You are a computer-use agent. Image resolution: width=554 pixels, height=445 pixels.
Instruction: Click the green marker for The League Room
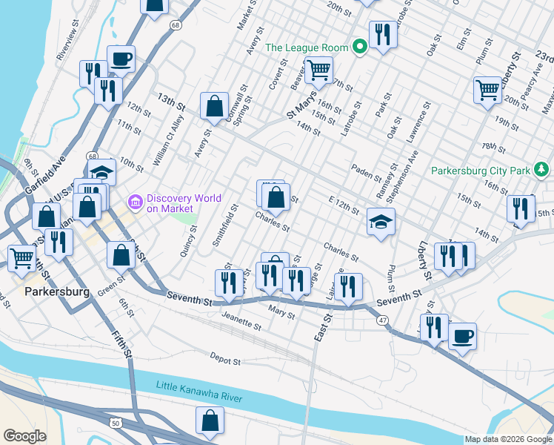(x=360, y=47)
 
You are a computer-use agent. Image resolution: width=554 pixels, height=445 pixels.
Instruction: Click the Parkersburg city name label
(x=56, y=291)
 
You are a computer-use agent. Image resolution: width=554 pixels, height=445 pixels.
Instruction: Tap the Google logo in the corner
(x=24, y=435)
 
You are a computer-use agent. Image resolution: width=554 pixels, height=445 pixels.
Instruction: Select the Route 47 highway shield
(x=382, y=319)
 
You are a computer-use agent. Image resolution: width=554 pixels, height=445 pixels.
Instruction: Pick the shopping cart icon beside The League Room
(x=318, y=70)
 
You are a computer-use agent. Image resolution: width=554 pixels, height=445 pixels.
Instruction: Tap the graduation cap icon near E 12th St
(x=381, y=222)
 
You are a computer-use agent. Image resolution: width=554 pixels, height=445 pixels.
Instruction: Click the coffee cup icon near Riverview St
(x=121, y=58)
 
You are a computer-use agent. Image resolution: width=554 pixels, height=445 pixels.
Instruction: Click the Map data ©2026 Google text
(x=508, y=439)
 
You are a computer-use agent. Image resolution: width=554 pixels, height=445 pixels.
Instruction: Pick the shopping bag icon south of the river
(x=210, y=420)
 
